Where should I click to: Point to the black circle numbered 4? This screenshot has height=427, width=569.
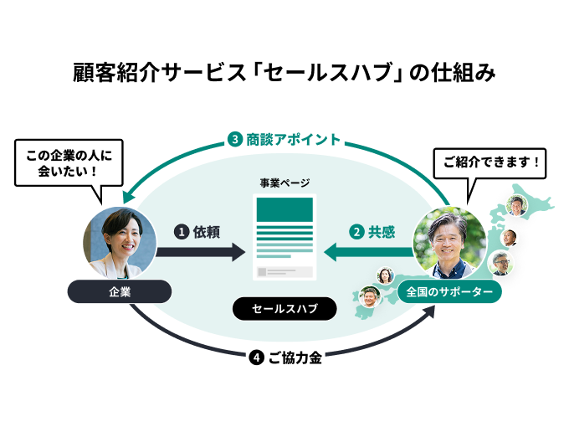(x=257, y=358)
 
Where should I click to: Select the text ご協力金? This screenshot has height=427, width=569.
(x=295, y=358)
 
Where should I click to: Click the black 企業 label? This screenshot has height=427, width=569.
(x=120, y=291)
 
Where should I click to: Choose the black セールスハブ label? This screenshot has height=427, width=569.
(x=284, y=309)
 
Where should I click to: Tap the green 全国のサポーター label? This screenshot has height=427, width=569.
(x=449, y=291)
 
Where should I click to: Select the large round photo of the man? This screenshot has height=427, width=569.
(x=449, y=243)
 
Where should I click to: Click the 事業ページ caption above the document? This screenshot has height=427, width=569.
(x=284, y=182)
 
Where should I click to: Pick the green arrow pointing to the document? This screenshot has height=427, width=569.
(x=368, y=250)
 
